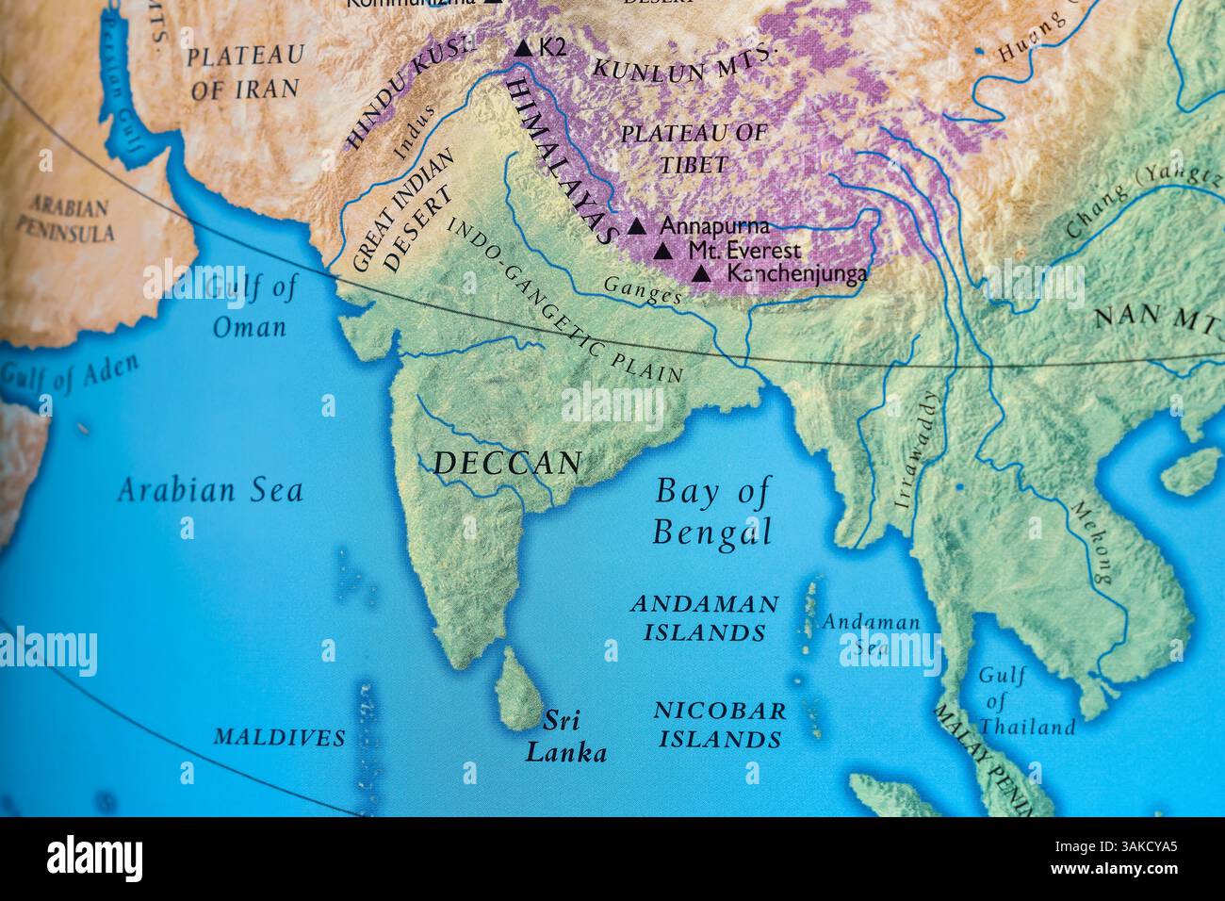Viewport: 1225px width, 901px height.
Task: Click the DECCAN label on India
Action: click(x=507, y=463)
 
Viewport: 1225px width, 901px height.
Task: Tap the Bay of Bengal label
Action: click(x=712, y=512)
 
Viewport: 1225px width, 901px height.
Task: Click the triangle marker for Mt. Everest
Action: click(x=663, y=252)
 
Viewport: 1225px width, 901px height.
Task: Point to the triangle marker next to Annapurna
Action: click(x=637, y=227)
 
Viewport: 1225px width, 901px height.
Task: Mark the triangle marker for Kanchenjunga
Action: click(x=701, y=274)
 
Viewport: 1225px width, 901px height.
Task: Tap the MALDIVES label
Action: click(x=279, y=737)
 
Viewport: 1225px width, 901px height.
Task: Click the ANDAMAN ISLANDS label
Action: click(x=705, y=617)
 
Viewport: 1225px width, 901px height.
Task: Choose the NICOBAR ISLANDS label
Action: click(x=720, y=724)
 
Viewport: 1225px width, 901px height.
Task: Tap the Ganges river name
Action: click(x=642, y=289)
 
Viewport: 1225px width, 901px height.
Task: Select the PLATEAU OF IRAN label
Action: click(x=244, y=73)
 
